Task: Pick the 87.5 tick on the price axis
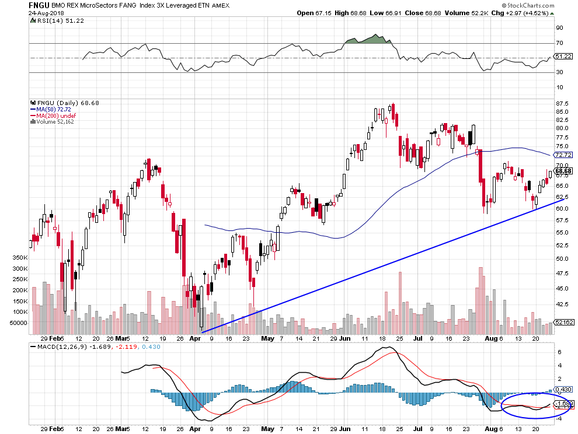coord(562,103)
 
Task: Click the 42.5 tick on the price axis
coord(562,304)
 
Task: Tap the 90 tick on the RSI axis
coord(559,27)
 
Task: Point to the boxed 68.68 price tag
coord(564,170)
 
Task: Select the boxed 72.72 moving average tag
coord(564,155)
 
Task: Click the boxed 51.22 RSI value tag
coord(564,57)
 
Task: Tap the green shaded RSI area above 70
coord(369,39)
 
